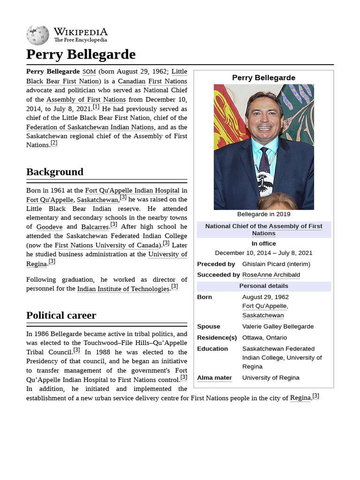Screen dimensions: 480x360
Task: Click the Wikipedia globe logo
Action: pyautogui.click(x=37, y=35)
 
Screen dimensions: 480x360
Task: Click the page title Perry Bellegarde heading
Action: pyautogui.click(x=81, y=54)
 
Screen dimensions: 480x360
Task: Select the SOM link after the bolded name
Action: pyautogui.click(x=89, y=72)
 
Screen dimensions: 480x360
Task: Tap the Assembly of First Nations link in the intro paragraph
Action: pyautogui.click(x=86, y=99)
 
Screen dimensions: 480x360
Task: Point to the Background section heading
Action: pyautogui.click(x=55, y=172)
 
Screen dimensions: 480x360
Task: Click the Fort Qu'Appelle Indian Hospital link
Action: pyautogui.click(x=132, y=190)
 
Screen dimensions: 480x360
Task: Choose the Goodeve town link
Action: pyautogui.click(x=49, y=227)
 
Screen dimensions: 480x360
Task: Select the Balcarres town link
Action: pyautogui.click(x=95, y=227)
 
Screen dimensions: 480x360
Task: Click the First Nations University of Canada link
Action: pyautogui.click(x=107, y=245)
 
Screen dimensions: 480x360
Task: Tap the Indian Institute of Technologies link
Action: pyautogui.click(x=123, y=289)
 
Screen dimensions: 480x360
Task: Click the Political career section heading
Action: pyautogui.click(x=61, y=315)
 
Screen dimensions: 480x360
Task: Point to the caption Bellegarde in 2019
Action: pyautogui.click(x=263, y=214)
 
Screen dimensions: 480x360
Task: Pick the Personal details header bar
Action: pyautogui.click(x=263, y=286)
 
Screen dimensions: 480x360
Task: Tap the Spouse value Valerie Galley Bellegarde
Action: pyautogui.click(x=278, y=326)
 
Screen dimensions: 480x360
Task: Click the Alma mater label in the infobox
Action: pyautogui.click(x=214, y=378)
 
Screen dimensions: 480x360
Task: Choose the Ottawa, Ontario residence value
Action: pyautogui.click(x=264, y=337)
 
